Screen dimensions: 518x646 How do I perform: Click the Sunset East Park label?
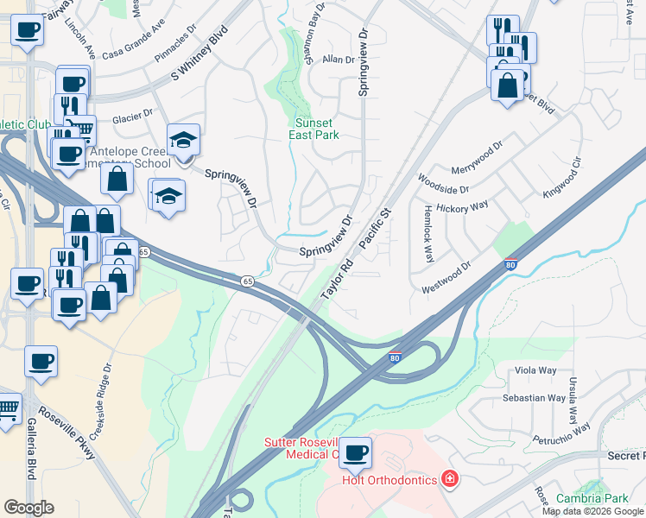313,129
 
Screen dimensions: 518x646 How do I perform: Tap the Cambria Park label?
592,498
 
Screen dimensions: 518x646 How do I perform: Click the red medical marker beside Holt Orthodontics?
448,478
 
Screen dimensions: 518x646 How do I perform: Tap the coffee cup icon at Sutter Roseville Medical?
354,451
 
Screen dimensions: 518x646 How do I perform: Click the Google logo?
28,507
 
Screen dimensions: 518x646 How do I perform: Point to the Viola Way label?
535,370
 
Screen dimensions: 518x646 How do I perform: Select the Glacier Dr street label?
131,113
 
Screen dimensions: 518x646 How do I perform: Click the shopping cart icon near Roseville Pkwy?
7,407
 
